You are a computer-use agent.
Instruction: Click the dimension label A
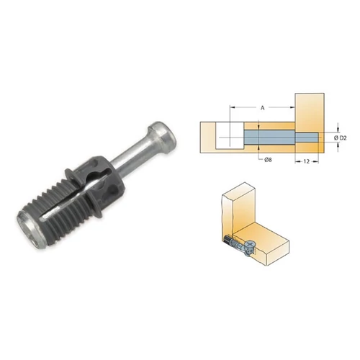click(263, 108)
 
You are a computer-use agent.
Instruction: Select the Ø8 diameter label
click(268, 160)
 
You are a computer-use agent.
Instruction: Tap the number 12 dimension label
click(307, 161)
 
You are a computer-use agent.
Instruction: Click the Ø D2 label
click(340, 138)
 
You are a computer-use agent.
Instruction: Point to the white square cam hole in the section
click(230, 135)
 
